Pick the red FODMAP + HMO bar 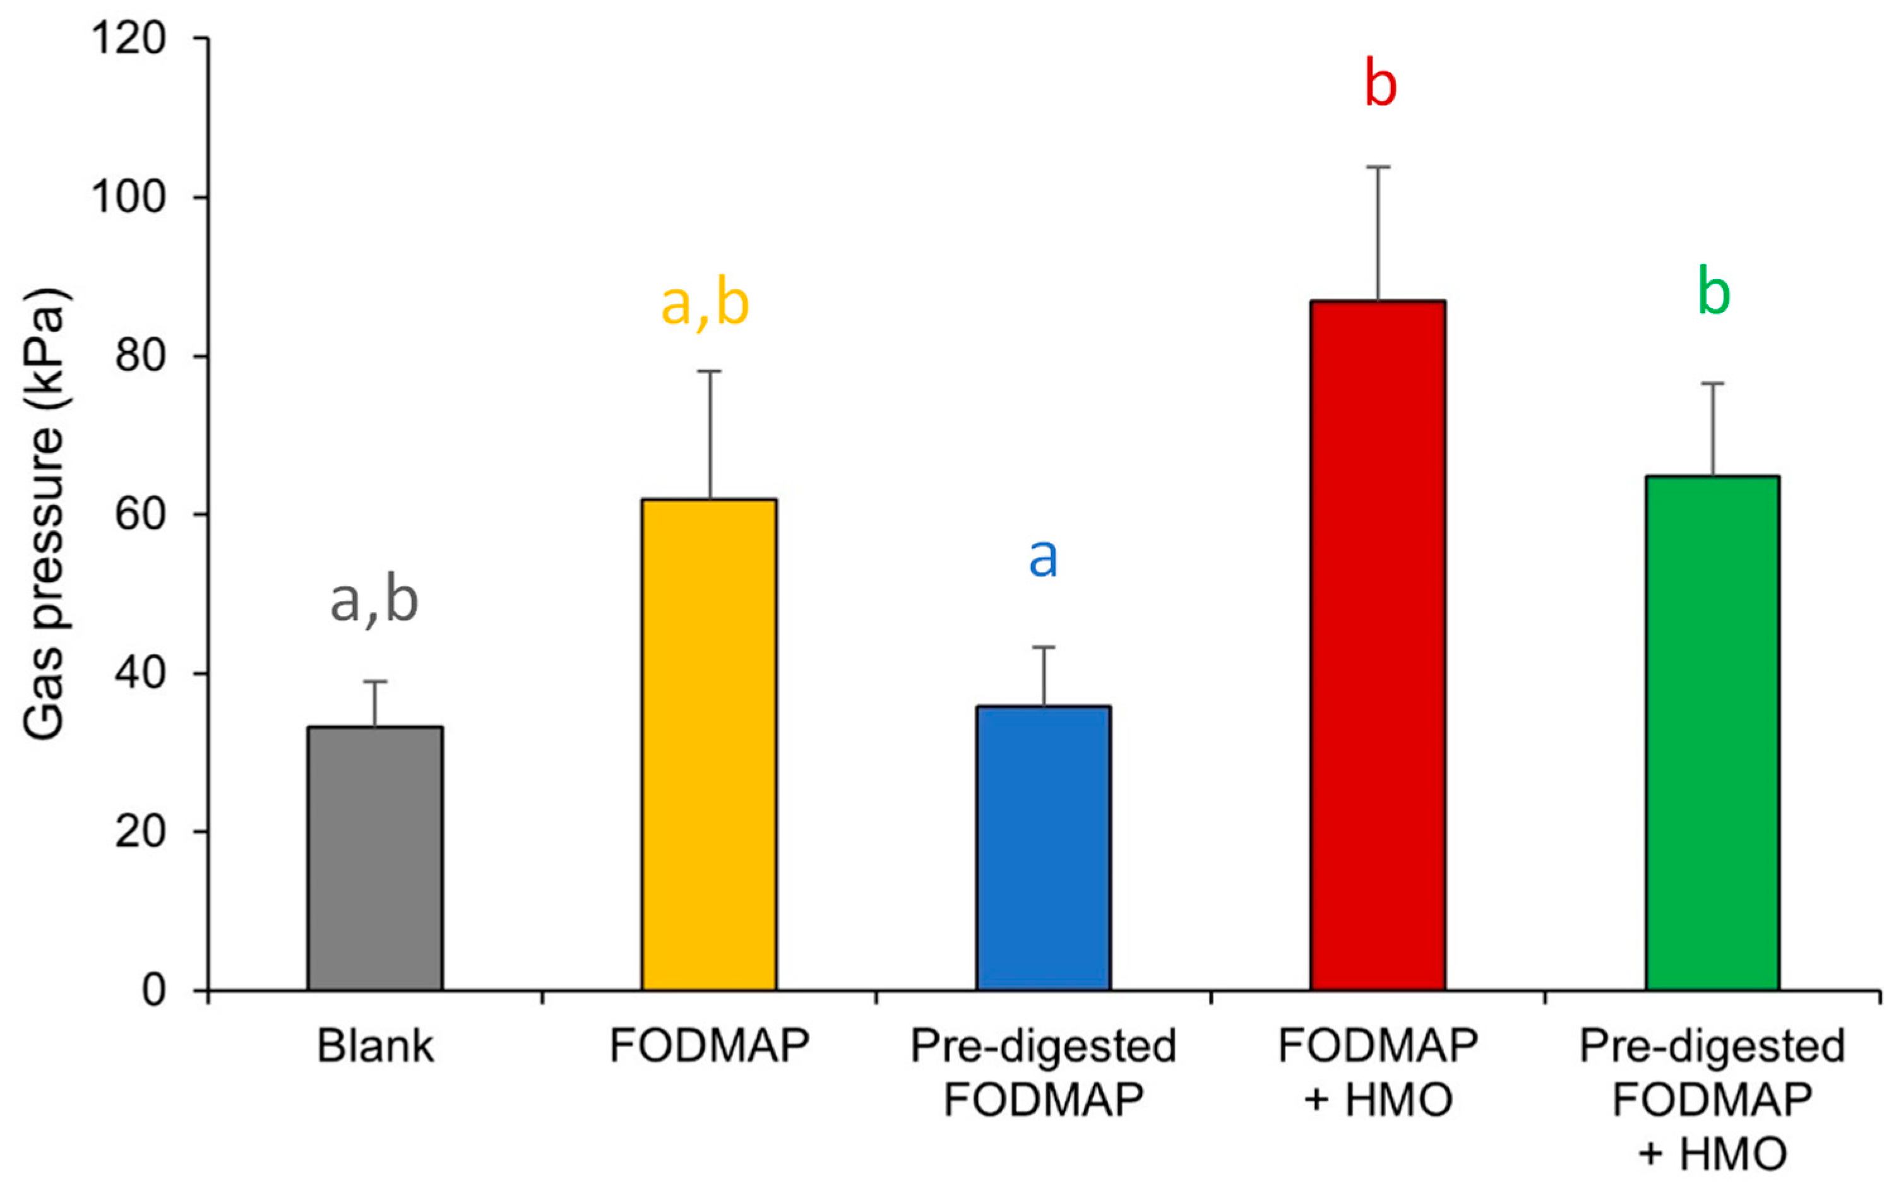[x=1378, y=644]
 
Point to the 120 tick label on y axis [x=129, y=39]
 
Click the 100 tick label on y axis [x=129, y=197]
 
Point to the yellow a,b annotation [x=705, y=304]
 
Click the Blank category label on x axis [x=375, y=1047]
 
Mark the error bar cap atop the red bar [x=1378, y=167]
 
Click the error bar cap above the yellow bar [x=709, y=371]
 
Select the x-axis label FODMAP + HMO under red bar [x=1378, y=1072]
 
